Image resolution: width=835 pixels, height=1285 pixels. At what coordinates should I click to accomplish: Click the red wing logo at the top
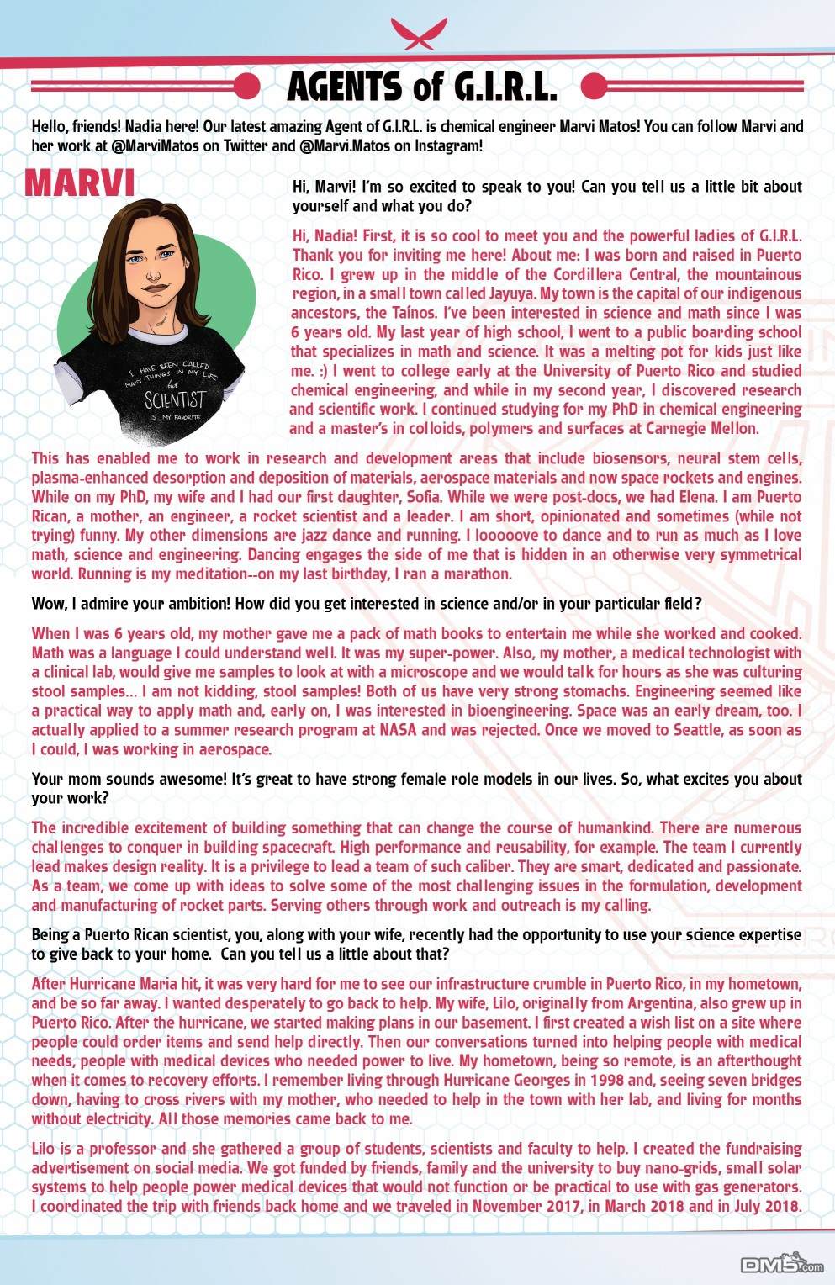(417, 34)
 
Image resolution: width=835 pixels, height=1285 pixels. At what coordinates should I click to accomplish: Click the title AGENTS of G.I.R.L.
(421, 87)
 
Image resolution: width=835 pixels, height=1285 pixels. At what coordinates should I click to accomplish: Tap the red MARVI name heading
(80, 183)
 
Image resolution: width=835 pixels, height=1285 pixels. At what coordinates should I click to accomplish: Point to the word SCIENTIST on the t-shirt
(174, 399)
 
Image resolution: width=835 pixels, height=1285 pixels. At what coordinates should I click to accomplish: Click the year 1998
(606, 1080)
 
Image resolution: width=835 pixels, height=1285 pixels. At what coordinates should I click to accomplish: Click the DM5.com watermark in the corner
(782, 1265)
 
